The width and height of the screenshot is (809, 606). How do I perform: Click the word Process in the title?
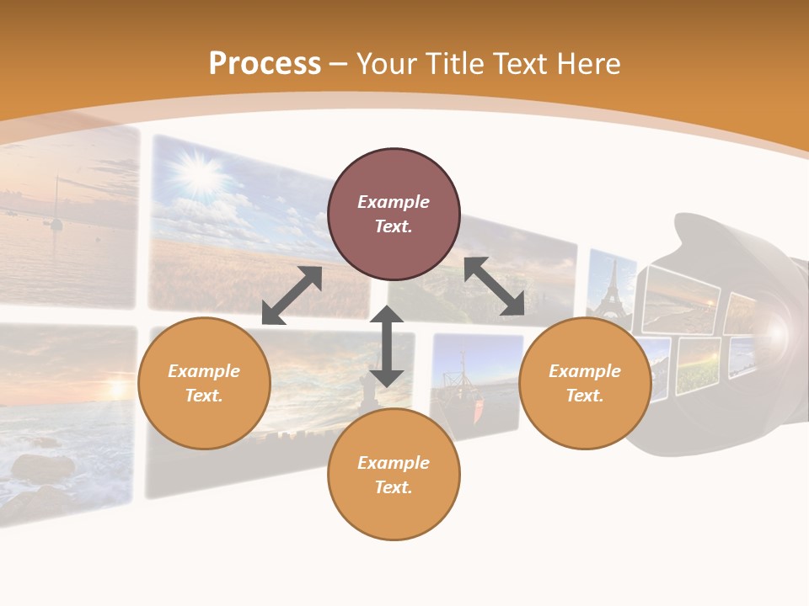click(x=265, y=64)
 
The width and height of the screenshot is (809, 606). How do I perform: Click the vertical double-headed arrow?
click(x=387, y=346)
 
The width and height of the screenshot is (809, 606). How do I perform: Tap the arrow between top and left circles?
click(x=292, y=295)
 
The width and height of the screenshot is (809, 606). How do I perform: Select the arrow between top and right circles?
click(x=494, y=287)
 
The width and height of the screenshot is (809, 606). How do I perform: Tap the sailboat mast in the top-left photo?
click(x=56, y=202)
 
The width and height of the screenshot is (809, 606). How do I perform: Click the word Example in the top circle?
click(x=394, y=202)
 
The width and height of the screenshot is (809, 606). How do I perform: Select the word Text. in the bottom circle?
click(x=394, y=487)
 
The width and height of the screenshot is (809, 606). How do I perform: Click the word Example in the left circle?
click(x=204, y=371)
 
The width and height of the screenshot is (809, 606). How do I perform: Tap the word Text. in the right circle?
click(x=585, y=396)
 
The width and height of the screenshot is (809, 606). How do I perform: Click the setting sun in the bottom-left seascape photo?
click(x=115, y=389)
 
